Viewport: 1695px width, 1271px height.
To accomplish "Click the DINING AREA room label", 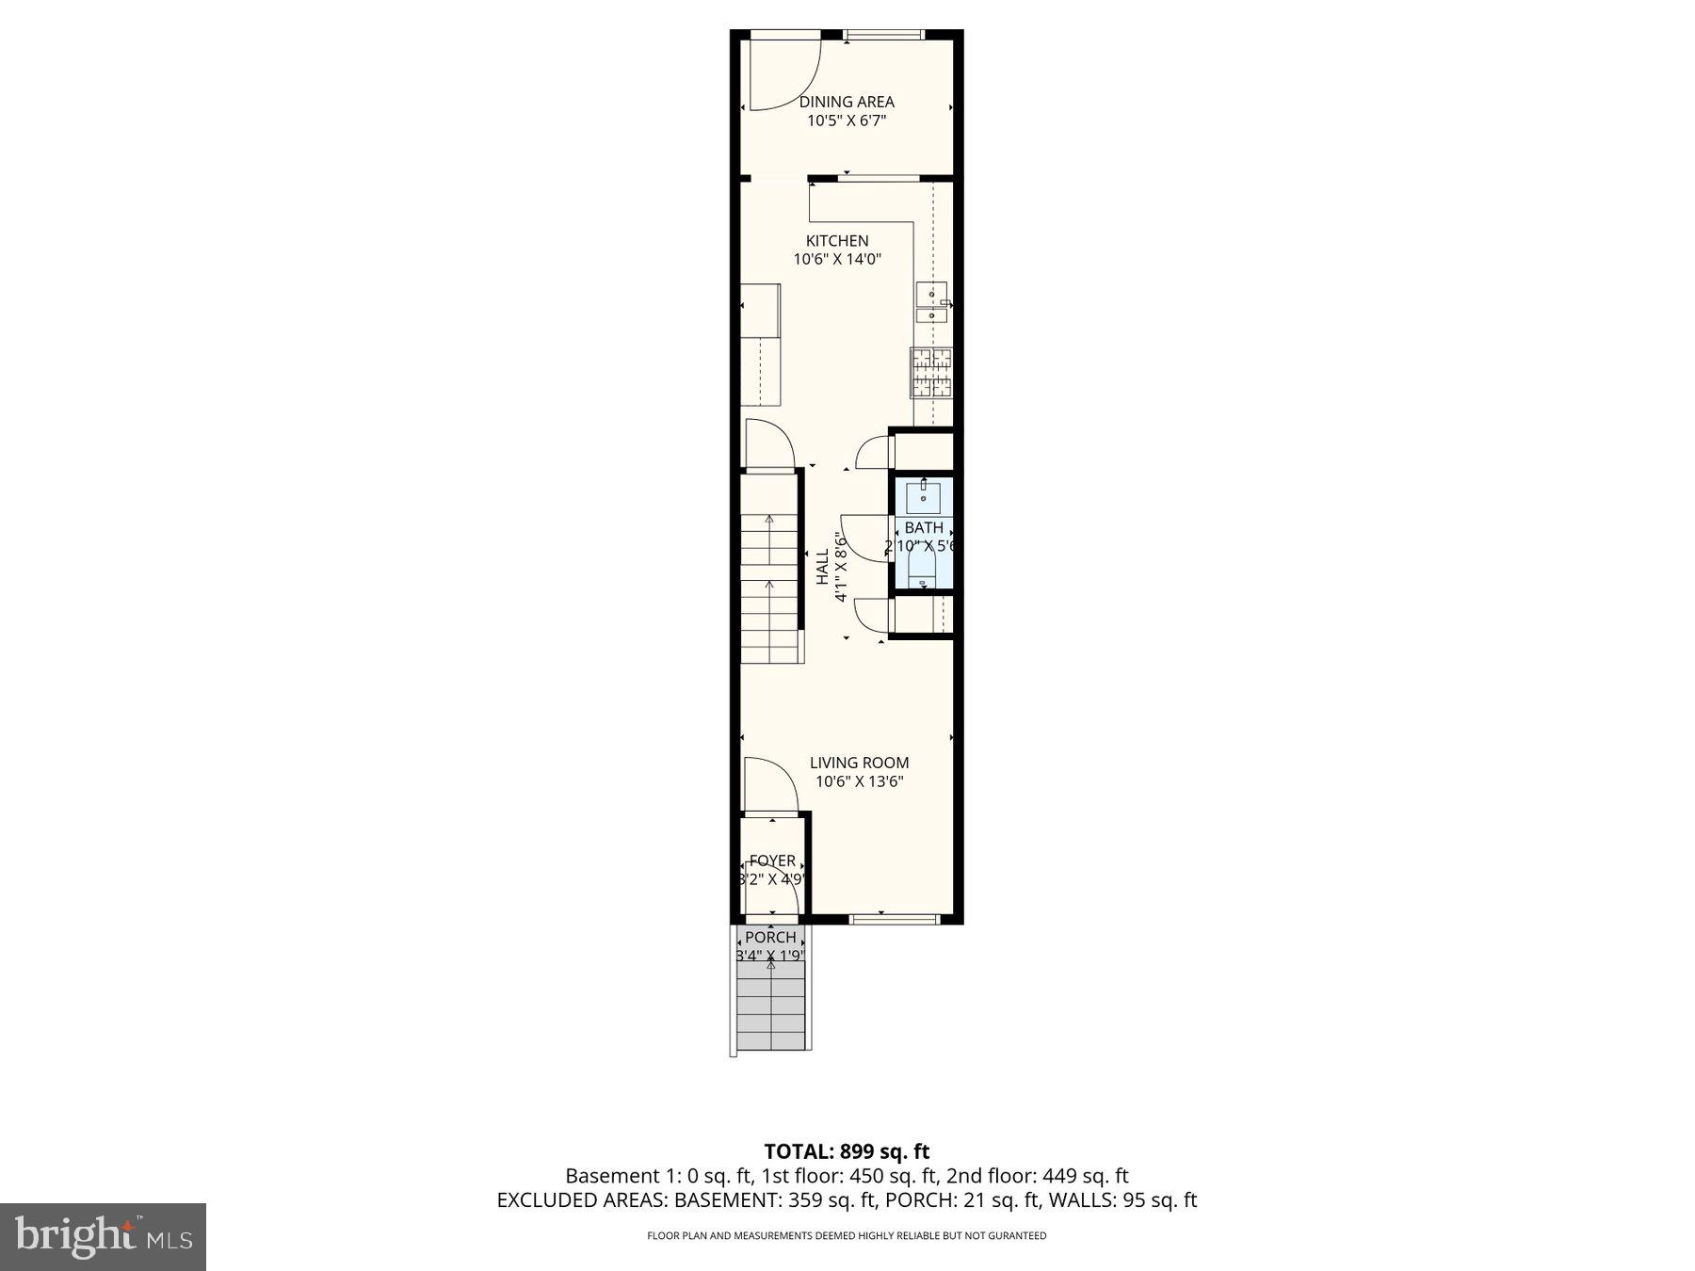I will [847, 102].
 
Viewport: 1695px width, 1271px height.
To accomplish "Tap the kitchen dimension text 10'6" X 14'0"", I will [837, 259].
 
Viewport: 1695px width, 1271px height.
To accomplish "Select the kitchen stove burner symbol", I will [931, 372].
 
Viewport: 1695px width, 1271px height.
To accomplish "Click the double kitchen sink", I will [931, 304].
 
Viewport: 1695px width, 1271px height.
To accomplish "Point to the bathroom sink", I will [923, 495].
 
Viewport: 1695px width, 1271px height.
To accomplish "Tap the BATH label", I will [924, 527].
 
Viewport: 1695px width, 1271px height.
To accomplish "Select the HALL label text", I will [822, 568].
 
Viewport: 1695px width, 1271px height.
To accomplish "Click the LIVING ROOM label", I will [859, 763].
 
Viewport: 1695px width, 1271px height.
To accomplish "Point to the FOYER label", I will [772, 861].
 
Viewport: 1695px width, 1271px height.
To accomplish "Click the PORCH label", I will [770, 938].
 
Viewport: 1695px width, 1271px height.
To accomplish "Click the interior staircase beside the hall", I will [771, 574].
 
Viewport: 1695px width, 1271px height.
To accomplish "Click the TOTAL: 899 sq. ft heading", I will [847, 1151].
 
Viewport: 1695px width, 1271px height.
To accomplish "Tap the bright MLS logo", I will [103, 1236].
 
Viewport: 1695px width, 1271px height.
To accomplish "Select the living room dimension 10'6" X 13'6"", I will [859, 781].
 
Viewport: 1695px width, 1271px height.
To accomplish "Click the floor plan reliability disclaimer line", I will [847, 1236].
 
